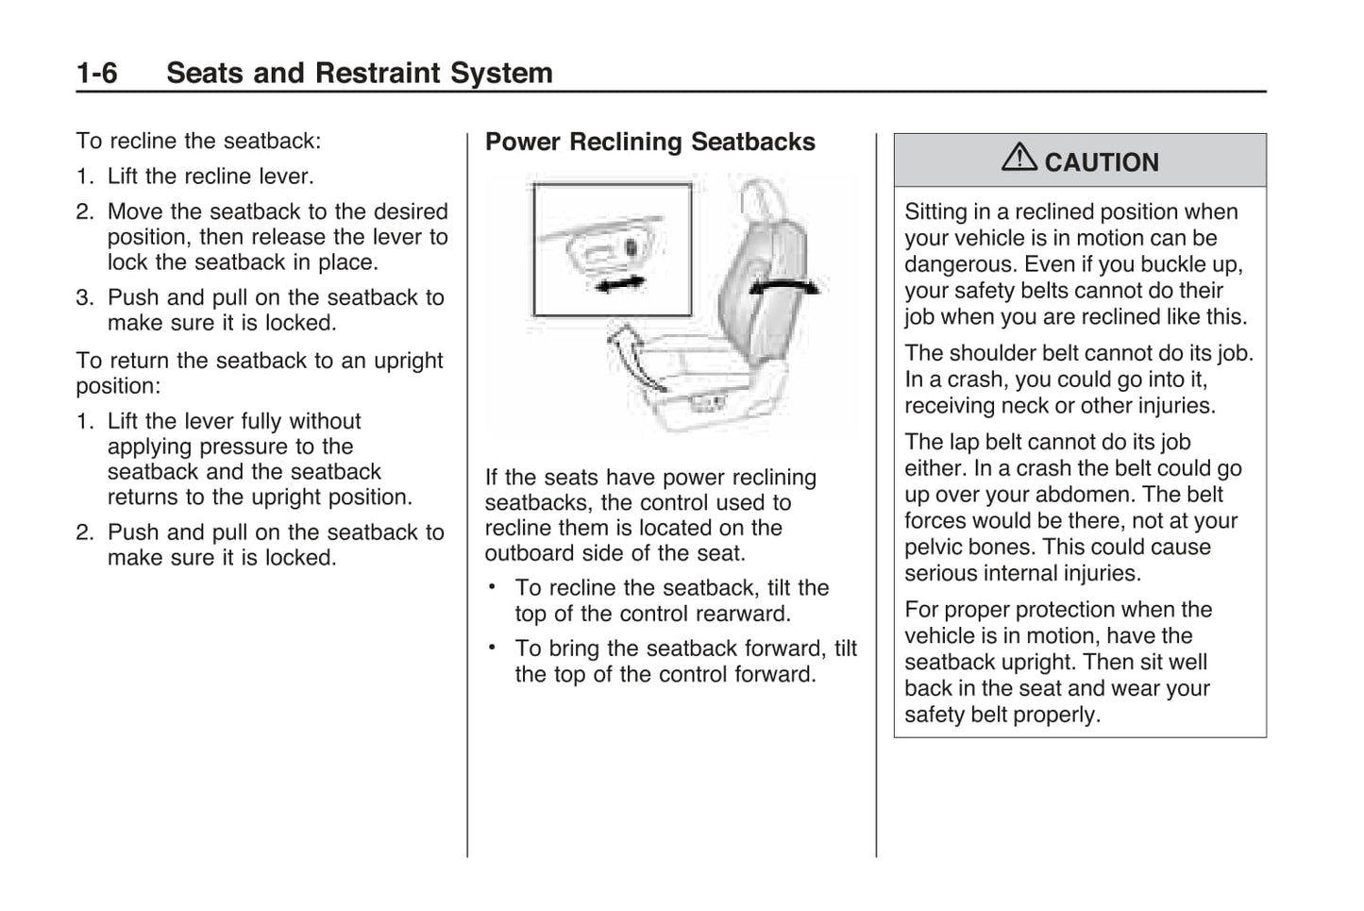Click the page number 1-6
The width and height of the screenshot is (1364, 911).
click(96, 74)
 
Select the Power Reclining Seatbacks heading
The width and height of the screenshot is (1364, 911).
click(649, 143)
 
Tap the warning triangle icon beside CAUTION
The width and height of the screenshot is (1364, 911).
click(1019, 158)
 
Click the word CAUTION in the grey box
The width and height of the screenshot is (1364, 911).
click(1102, 162)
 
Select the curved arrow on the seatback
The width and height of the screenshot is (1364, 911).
click(783, 286)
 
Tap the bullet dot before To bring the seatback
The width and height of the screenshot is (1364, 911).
click(492, 648)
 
